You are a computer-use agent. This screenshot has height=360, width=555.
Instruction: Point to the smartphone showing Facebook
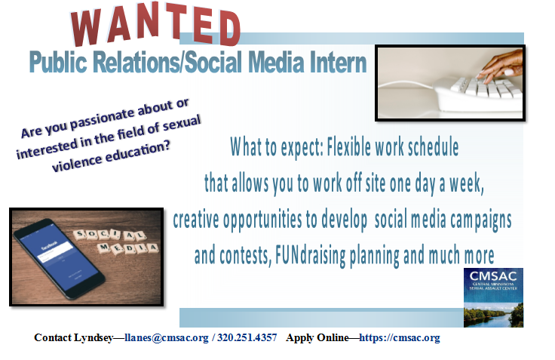click(x=57, y=256)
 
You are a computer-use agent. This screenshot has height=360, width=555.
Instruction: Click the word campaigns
click(x=474, y=220)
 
